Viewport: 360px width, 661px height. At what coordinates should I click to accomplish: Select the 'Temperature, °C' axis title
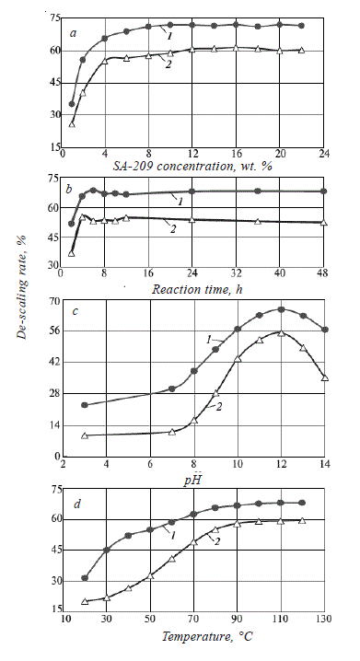(x=195, y=634)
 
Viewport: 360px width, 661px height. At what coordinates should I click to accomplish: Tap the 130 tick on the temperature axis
(x=324, y=621)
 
